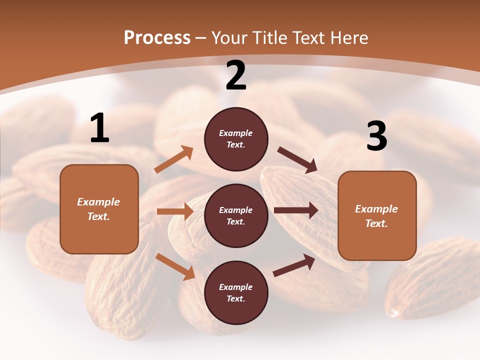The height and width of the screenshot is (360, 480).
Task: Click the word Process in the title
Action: pos(157,38)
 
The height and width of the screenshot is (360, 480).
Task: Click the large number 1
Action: pos(99,128)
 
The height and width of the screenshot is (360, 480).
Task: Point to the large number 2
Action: pos(236,75)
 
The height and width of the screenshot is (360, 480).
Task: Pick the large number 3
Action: pos(376,136)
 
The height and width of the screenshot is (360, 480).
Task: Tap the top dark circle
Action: pos(236,139)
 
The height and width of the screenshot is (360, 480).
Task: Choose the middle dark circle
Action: pos(236,216)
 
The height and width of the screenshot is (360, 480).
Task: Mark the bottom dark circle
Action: pos(236,293)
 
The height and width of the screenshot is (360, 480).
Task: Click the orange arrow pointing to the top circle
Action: pos(174,159)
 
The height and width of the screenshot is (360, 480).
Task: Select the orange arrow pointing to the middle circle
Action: pos(175,211)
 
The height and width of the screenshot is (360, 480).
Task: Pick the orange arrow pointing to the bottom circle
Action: pos(175,266)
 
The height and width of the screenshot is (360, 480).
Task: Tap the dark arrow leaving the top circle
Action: pos(297,160)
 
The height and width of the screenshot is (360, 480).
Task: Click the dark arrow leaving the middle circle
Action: pos(296,210)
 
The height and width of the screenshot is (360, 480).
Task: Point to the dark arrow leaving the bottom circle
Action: pos(294,265)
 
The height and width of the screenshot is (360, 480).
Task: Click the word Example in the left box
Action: pos(98,202)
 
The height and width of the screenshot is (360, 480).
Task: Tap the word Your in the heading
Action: pos(230,38)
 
